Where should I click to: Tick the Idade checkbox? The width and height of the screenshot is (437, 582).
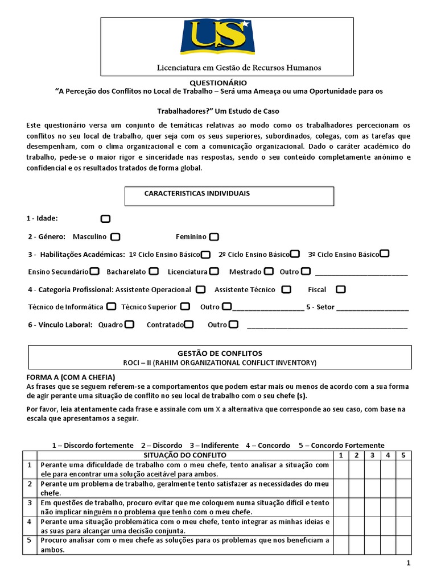(x=105, y=219)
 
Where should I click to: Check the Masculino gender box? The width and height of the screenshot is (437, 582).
(x=116, y=236)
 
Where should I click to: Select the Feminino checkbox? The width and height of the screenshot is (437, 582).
(x=214, y=236)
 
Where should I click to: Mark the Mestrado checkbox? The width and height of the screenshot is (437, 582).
(x=269, y=272)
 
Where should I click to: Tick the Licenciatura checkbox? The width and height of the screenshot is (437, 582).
(x=214, y=272)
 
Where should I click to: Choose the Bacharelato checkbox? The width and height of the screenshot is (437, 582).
(x=154, y=272)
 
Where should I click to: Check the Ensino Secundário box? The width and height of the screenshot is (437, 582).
(x=94, y=272)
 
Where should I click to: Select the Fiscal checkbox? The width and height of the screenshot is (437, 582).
(x=340, y=289)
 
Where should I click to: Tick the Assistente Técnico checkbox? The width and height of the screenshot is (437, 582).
(x=286, y=289)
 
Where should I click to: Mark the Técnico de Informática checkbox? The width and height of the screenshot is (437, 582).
(x=111, y=307)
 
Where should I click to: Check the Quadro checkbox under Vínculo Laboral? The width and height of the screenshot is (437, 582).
(x=129, y=325)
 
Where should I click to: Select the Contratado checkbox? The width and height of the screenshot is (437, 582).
(x=189, y=325)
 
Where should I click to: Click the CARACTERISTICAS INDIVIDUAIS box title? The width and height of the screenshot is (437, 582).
(x=197, y=193)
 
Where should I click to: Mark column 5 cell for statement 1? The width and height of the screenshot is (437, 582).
(x=403, y=469)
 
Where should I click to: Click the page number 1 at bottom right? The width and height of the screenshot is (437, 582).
(x=408, y=563)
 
